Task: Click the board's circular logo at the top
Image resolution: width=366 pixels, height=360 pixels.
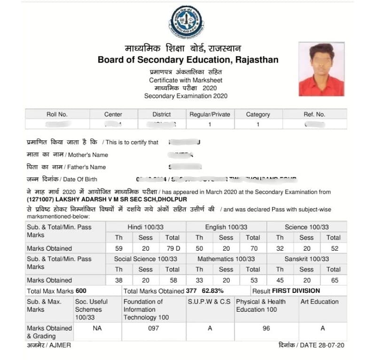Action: pos(186,22)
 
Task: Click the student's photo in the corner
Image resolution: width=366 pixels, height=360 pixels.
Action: pos(321,69)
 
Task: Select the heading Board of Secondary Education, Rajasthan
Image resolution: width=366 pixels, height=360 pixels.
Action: pos(188,60)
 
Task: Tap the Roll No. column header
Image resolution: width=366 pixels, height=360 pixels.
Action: pos(57,114)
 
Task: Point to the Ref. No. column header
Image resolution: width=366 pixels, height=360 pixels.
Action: pos(314,114)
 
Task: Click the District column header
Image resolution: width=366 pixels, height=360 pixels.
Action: pos(162,114)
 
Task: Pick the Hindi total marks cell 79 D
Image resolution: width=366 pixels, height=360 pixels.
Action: pos(172,248)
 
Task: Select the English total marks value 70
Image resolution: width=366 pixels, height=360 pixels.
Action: pos(253,248)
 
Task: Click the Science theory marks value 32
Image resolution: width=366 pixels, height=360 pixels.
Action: pos(280,248)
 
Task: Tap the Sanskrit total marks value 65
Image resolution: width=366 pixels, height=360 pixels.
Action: pos(333,280)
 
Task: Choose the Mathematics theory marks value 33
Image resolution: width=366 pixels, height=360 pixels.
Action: pos(199,280)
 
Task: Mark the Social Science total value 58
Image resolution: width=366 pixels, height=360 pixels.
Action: pos(172,280)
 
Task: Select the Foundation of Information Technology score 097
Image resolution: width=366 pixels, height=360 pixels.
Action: pos(154,329)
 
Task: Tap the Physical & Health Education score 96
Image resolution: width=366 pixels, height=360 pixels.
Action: pos(266,329)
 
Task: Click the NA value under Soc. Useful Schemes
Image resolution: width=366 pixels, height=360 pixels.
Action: pos(97,329)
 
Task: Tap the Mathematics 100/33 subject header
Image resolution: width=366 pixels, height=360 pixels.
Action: pos(226,259)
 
